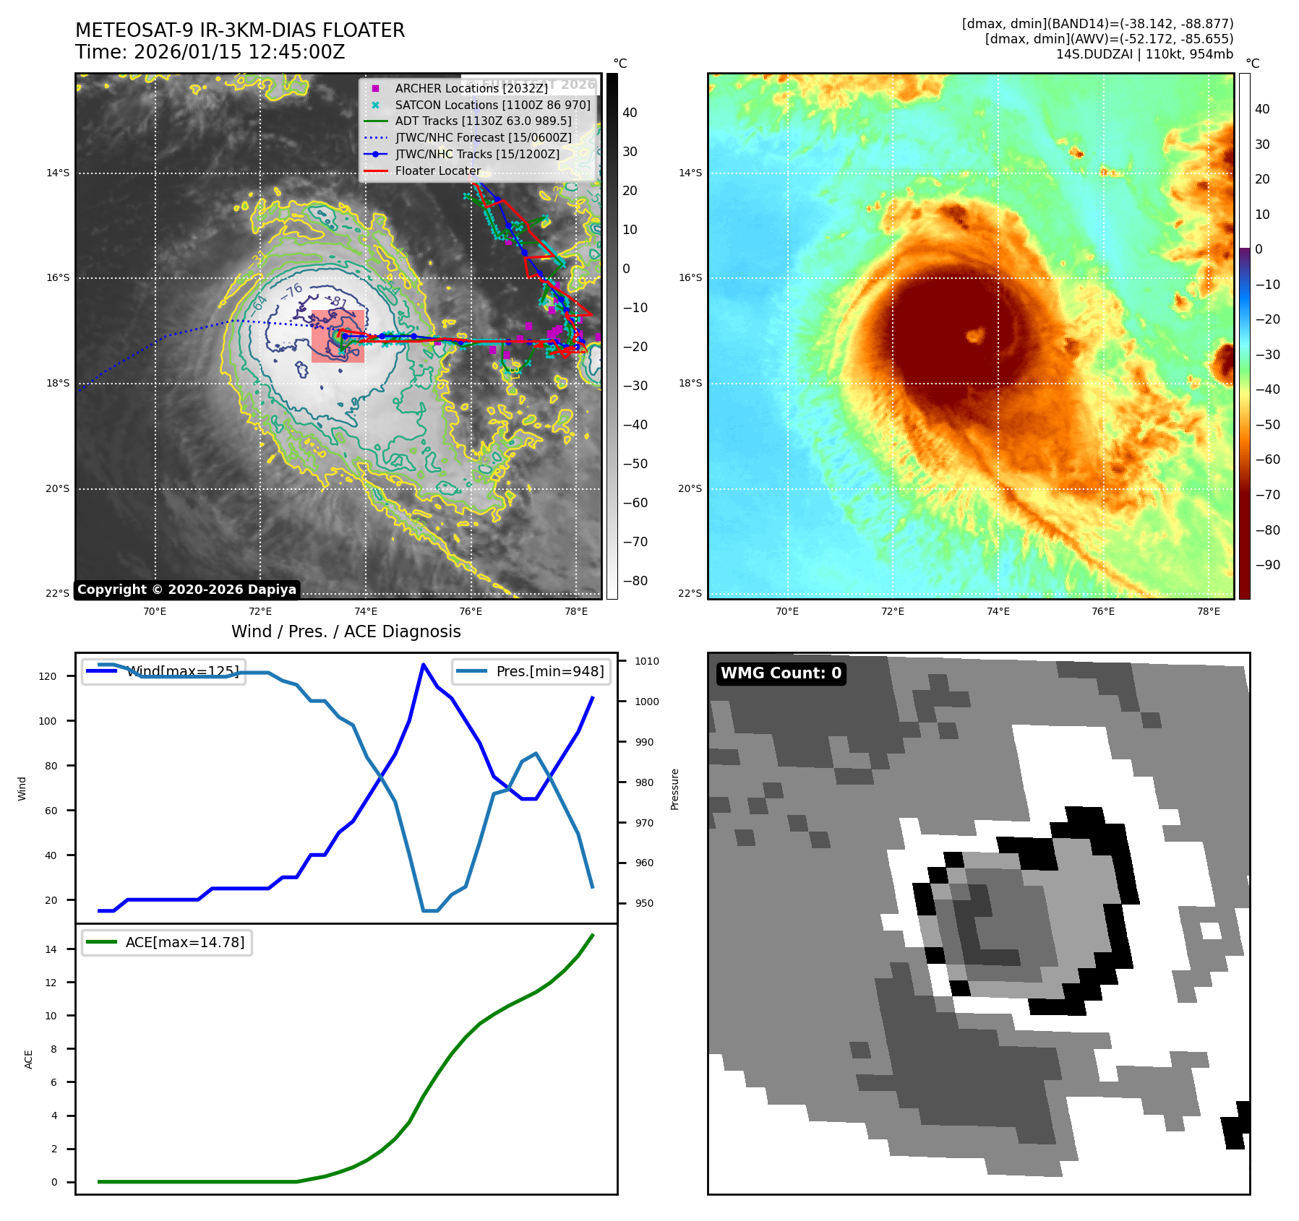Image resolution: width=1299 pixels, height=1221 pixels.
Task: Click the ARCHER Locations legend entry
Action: click(471, 88)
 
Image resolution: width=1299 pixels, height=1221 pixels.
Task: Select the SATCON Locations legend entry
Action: click(492, 105)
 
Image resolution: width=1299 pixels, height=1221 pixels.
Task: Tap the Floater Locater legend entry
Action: click(437, 171)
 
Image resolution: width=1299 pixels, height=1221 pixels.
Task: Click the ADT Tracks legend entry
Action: click(482, 121)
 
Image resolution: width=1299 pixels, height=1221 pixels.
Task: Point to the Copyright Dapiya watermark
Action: click(187, 590)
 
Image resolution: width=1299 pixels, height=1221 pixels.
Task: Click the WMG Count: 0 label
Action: click(781, 673)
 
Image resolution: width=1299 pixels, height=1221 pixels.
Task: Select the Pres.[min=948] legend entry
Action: click(549, 671)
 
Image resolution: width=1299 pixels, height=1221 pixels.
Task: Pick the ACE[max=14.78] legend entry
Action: click(184, 942)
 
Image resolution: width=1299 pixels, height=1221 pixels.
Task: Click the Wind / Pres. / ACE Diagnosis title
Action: click(346, 631)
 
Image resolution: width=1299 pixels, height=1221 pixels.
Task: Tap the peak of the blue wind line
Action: click(423, 665)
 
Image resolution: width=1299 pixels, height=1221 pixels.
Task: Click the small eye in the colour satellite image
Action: click(976, 335)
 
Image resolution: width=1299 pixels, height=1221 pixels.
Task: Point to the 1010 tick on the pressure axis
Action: click(647, 661)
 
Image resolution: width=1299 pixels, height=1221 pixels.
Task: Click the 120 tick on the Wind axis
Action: click(48, 676)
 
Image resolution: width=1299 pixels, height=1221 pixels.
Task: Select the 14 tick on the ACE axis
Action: click(51, 949)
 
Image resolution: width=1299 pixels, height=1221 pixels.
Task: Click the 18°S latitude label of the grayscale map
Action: click(58, 383)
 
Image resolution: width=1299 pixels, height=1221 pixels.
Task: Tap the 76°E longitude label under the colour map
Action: click(1103, 611)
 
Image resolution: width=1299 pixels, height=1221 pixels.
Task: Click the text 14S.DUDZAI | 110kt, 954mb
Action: click(1144, 54)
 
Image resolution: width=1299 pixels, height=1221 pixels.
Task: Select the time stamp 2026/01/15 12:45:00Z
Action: click(239, 52)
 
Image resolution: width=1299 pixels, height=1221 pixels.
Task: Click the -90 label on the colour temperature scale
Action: click(1267, 565)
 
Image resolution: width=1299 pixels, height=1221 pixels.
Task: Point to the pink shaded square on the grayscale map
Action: click(338, 336)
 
